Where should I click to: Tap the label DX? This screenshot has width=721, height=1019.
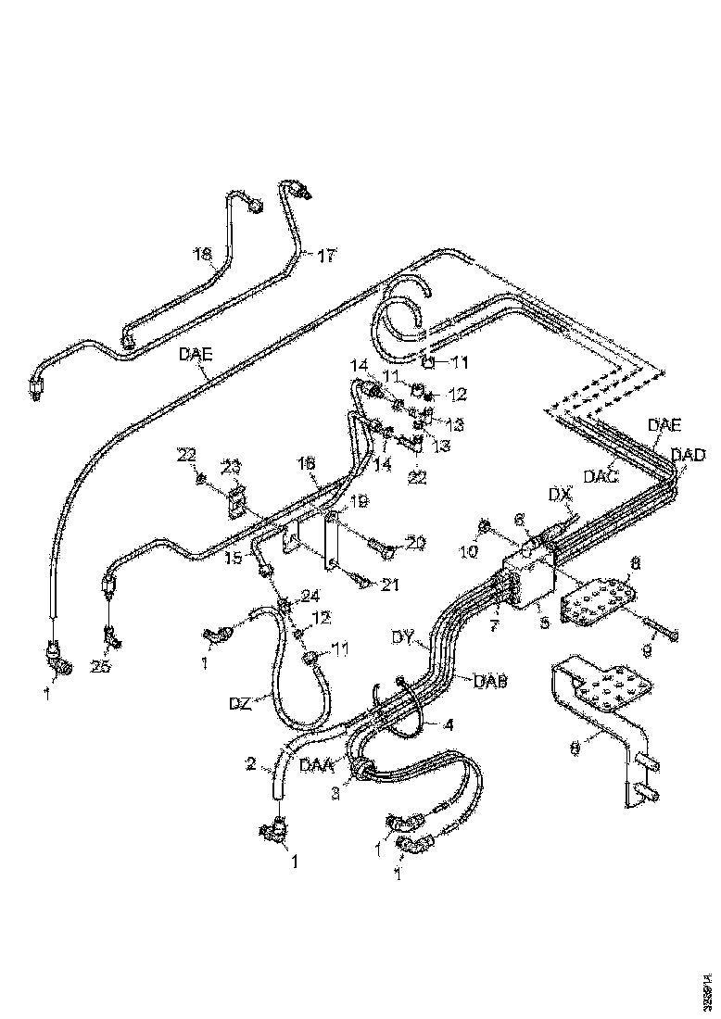pos(558,496)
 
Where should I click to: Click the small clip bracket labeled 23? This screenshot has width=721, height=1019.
pos(236,501)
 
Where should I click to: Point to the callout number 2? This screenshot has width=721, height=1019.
pos(250,764)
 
